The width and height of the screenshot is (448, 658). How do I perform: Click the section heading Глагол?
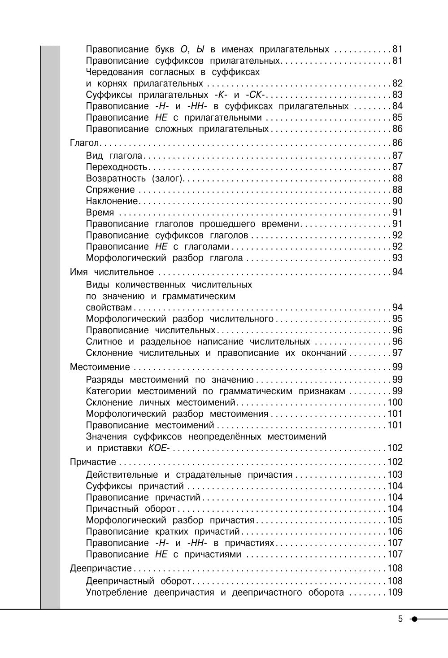[x=85, y=143]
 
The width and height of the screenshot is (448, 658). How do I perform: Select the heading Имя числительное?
[x=112, y=272]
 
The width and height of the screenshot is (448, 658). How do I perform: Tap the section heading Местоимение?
[x=100, y=367]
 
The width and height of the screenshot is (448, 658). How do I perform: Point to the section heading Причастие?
[x=93, y=462]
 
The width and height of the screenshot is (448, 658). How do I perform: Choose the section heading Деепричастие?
[x=101, y=569]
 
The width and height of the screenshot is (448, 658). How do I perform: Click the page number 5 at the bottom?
[x=400, y=619]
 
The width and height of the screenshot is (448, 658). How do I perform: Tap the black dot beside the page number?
[x=414, y=619]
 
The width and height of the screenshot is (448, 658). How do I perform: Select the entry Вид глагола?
[x=114, y=156]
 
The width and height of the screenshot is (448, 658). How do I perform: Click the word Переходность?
[x=116, y=167]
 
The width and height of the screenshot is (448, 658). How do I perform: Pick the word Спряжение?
[x=110, y=190]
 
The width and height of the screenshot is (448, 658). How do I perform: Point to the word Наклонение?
[x=112, y=201]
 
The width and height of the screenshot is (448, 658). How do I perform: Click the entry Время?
[x=100, y=213]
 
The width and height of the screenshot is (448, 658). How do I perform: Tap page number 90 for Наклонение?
[x=397, y=201]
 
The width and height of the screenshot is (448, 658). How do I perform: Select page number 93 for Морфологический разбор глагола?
[x=397, y=258]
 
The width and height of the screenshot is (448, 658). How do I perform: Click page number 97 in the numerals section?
[x=397, y=353]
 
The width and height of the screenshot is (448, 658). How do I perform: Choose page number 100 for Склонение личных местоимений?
[x=395, y=402]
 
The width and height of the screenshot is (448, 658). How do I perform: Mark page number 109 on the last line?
[x=395, y=593]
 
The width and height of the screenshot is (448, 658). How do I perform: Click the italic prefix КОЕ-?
[x=157, y=448]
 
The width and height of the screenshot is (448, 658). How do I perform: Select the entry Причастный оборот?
[x=130, y=509]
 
